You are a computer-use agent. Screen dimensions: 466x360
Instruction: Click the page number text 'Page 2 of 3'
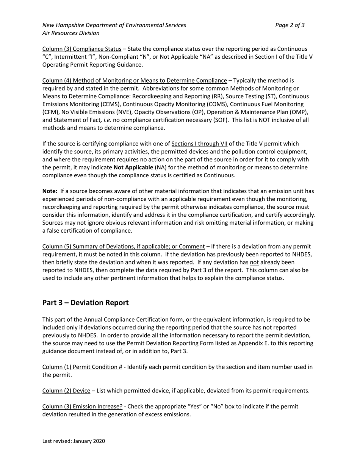click(x=290, y=25)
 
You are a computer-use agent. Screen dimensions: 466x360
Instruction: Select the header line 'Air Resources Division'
click(x=71, y=33)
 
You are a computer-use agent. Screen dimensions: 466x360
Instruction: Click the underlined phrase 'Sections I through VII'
click(x=199, y=144)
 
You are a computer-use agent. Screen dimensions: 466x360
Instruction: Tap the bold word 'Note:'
click(x=50, y=191)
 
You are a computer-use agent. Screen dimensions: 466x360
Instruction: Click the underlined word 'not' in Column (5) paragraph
click(x=254, y=262)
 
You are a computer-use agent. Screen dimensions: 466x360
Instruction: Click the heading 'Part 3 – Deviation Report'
click(x=85, y=303)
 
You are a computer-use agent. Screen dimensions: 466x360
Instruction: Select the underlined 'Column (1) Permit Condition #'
click(x=82, y=367)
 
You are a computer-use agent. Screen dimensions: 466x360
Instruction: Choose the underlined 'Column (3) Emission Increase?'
click(x=82, y=407)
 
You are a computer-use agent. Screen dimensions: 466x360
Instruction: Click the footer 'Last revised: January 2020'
click(x=74, y=441)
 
